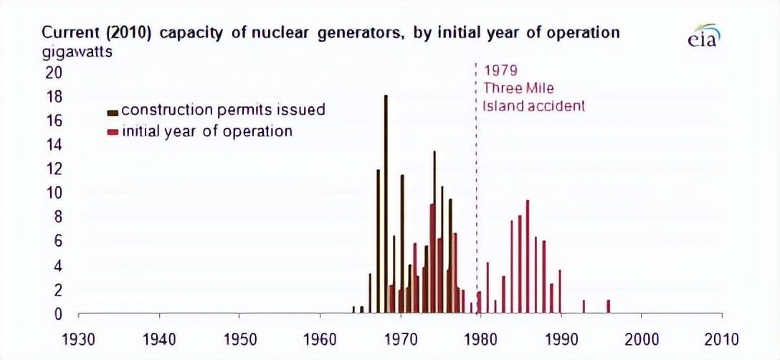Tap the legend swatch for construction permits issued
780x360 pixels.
113,112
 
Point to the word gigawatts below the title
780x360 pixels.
77,52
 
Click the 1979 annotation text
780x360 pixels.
500,72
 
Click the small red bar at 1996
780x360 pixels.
608,306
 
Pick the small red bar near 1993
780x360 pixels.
584,306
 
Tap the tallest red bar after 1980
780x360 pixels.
528,257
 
